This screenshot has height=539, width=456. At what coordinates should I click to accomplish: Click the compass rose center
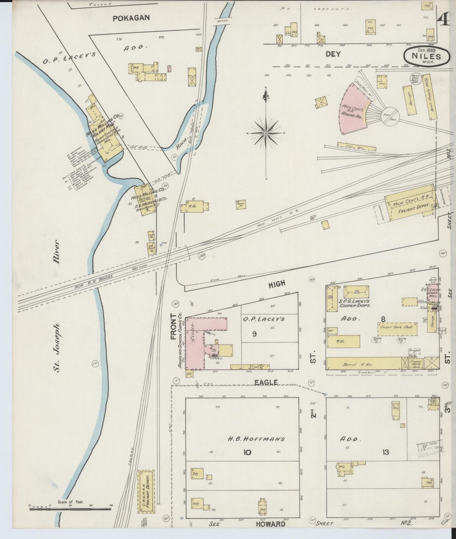point(266,133)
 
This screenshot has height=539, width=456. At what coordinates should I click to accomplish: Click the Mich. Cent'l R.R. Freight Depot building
point(410,205)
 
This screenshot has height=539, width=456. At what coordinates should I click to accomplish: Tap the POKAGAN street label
point(131,18)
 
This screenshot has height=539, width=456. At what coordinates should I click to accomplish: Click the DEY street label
point(333,54)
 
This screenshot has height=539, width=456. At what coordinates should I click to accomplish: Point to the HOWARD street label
point(270,524)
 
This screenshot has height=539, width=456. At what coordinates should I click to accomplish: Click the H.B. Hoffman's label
point(257,439)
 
